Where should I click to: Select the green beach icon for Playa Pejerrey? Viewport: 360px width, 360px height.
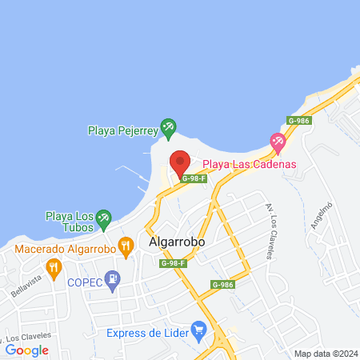click(167, 126)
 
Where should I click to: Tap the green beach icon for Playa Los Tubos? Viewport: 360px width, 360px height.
click(103, 218)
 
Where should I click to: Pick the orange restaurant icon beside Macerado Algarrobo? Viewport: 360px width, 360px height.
click(125, 246)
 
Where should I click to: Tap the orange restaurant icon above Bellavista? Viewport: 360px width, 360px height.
click(54, 266)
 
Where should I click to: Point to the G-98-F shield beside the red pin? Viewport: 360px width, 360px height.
click(194, 178)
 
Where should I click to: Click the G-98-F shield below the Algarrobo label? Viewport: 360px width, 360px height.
click(173, 263)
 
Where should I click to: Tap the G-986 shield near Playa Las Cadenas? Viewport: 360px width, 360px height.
click(298, 121)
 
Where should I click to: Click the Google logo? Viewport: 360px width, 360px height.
click(27, 350)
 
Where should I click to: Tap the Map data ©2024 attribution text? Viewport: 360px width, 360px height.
click(324, 353)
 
